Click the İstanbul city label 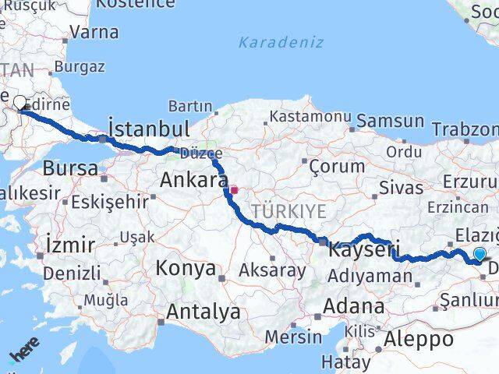pyautogui.click(x=149, y=129)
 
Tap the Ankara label pyautogui.click(x=193, y=180)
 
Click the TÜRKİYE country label pyautogui.click(x=288, y=211)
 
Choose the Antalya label pyautogui.click(x=203, y=312)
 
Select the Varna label pyautogui.click(x=94, y=33)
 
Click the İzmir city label pyautogui.click(x=70, y=245)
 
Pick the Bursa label pyautogui.click(x=70, y=168)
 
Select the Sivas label pyautogui.click(x=402, y=187)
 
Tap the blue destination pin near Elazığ pyautogui.click(x=479, y=254)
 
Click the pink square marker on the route pyautogui.click(x=234, y=189)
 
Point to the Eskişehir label pyautogui.click(x=109, y=202)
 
